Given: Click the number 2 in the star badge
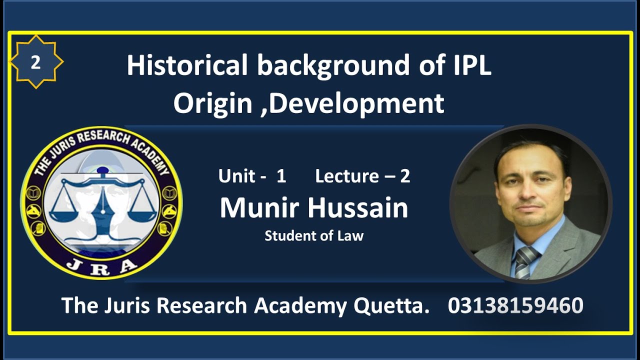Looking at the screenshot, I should pyautogui.click(x=35, y=62).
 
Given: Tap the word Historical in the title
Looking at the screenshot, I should pyautogui.click(x=187, y=66).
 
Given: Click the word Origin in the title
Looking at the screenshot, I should pyautogui.click(x=212, y=103).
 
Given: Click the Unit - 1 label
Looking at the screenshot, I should pyautogui.click(x=252, y=176).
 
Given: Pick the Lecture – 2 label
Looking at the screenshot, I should pyautogui.click(x=362, y=176).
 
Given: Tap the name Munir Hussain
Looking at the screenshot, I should pyautogui.click(x=314, y=208).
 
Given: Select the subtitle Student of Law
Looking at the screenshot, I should pyautogui.click(x=314, y=235).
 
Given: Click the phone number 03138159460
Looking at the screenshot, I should pyautogui.click(x=515, y=305).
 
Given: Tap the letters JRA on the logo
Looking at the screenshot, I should pyautogui.click(x=101, y=264).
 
